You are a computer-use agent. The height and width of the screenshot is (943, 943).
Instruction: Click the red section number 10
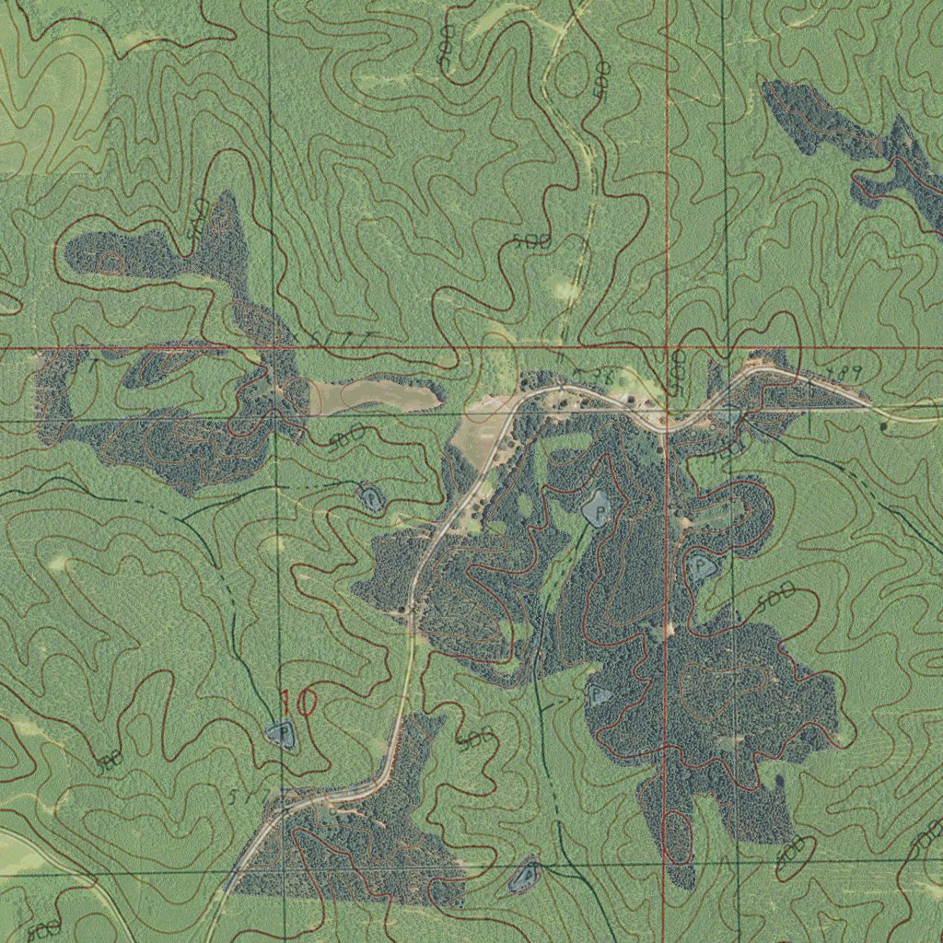coord(298,704)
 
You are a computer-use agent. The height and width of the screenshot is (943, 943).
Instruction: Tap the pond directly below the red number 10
coord(281,734)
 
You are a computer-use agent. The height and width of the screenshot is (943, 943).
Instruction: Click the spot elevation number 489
coord(843,373)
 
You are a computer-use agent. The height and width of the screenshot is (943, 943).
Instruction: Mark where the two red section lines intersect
coord(666,349)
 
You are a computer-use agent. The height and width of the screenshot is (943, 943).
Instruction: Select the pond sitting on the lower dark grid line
coord(525,875)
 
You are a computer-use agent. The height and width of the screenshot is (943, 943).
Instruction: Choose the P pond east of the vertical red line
coord(702,566)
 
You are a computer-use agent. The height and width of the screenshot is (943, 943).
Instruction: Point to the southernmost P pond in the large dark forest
coord(598,693)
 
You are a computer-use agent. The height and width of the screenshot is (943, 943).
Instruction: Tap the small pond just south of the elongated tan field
coord(369,497)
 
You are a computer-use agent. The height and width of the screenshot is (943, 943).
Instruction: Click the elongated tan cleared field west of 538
coord(373,396)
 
